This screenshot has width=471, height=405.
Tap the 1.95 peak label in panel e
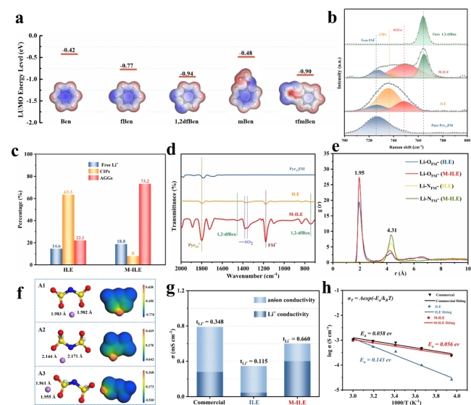tap(359, 172)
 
